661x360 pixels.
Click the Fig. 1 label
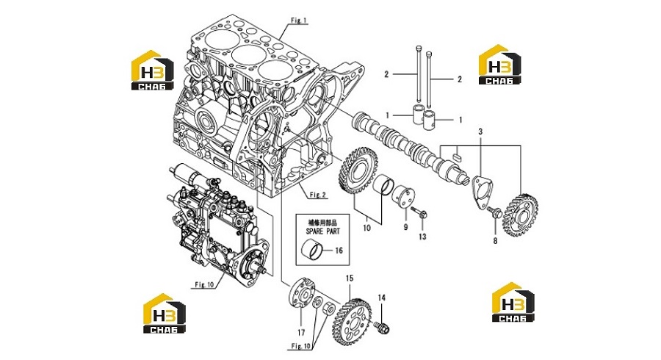(x=299, y=21)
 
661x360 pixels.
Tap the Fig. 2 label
(x=318, y=195)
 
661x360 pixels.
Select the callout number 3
(x=480, y=132)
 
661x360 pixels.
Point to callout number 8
(x=495, y=241)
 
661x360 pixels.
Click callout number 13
(x=422, y=237)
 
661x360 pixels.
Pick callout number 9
(x=405, y=227)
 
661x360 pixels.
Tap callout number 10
(x=366, y=228)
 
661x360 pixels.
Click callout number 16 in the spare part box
(x=339, y=251)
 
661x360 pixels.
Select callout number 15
(x=350, y=278)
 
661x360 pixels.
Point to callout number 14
(x=381, y=298)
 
